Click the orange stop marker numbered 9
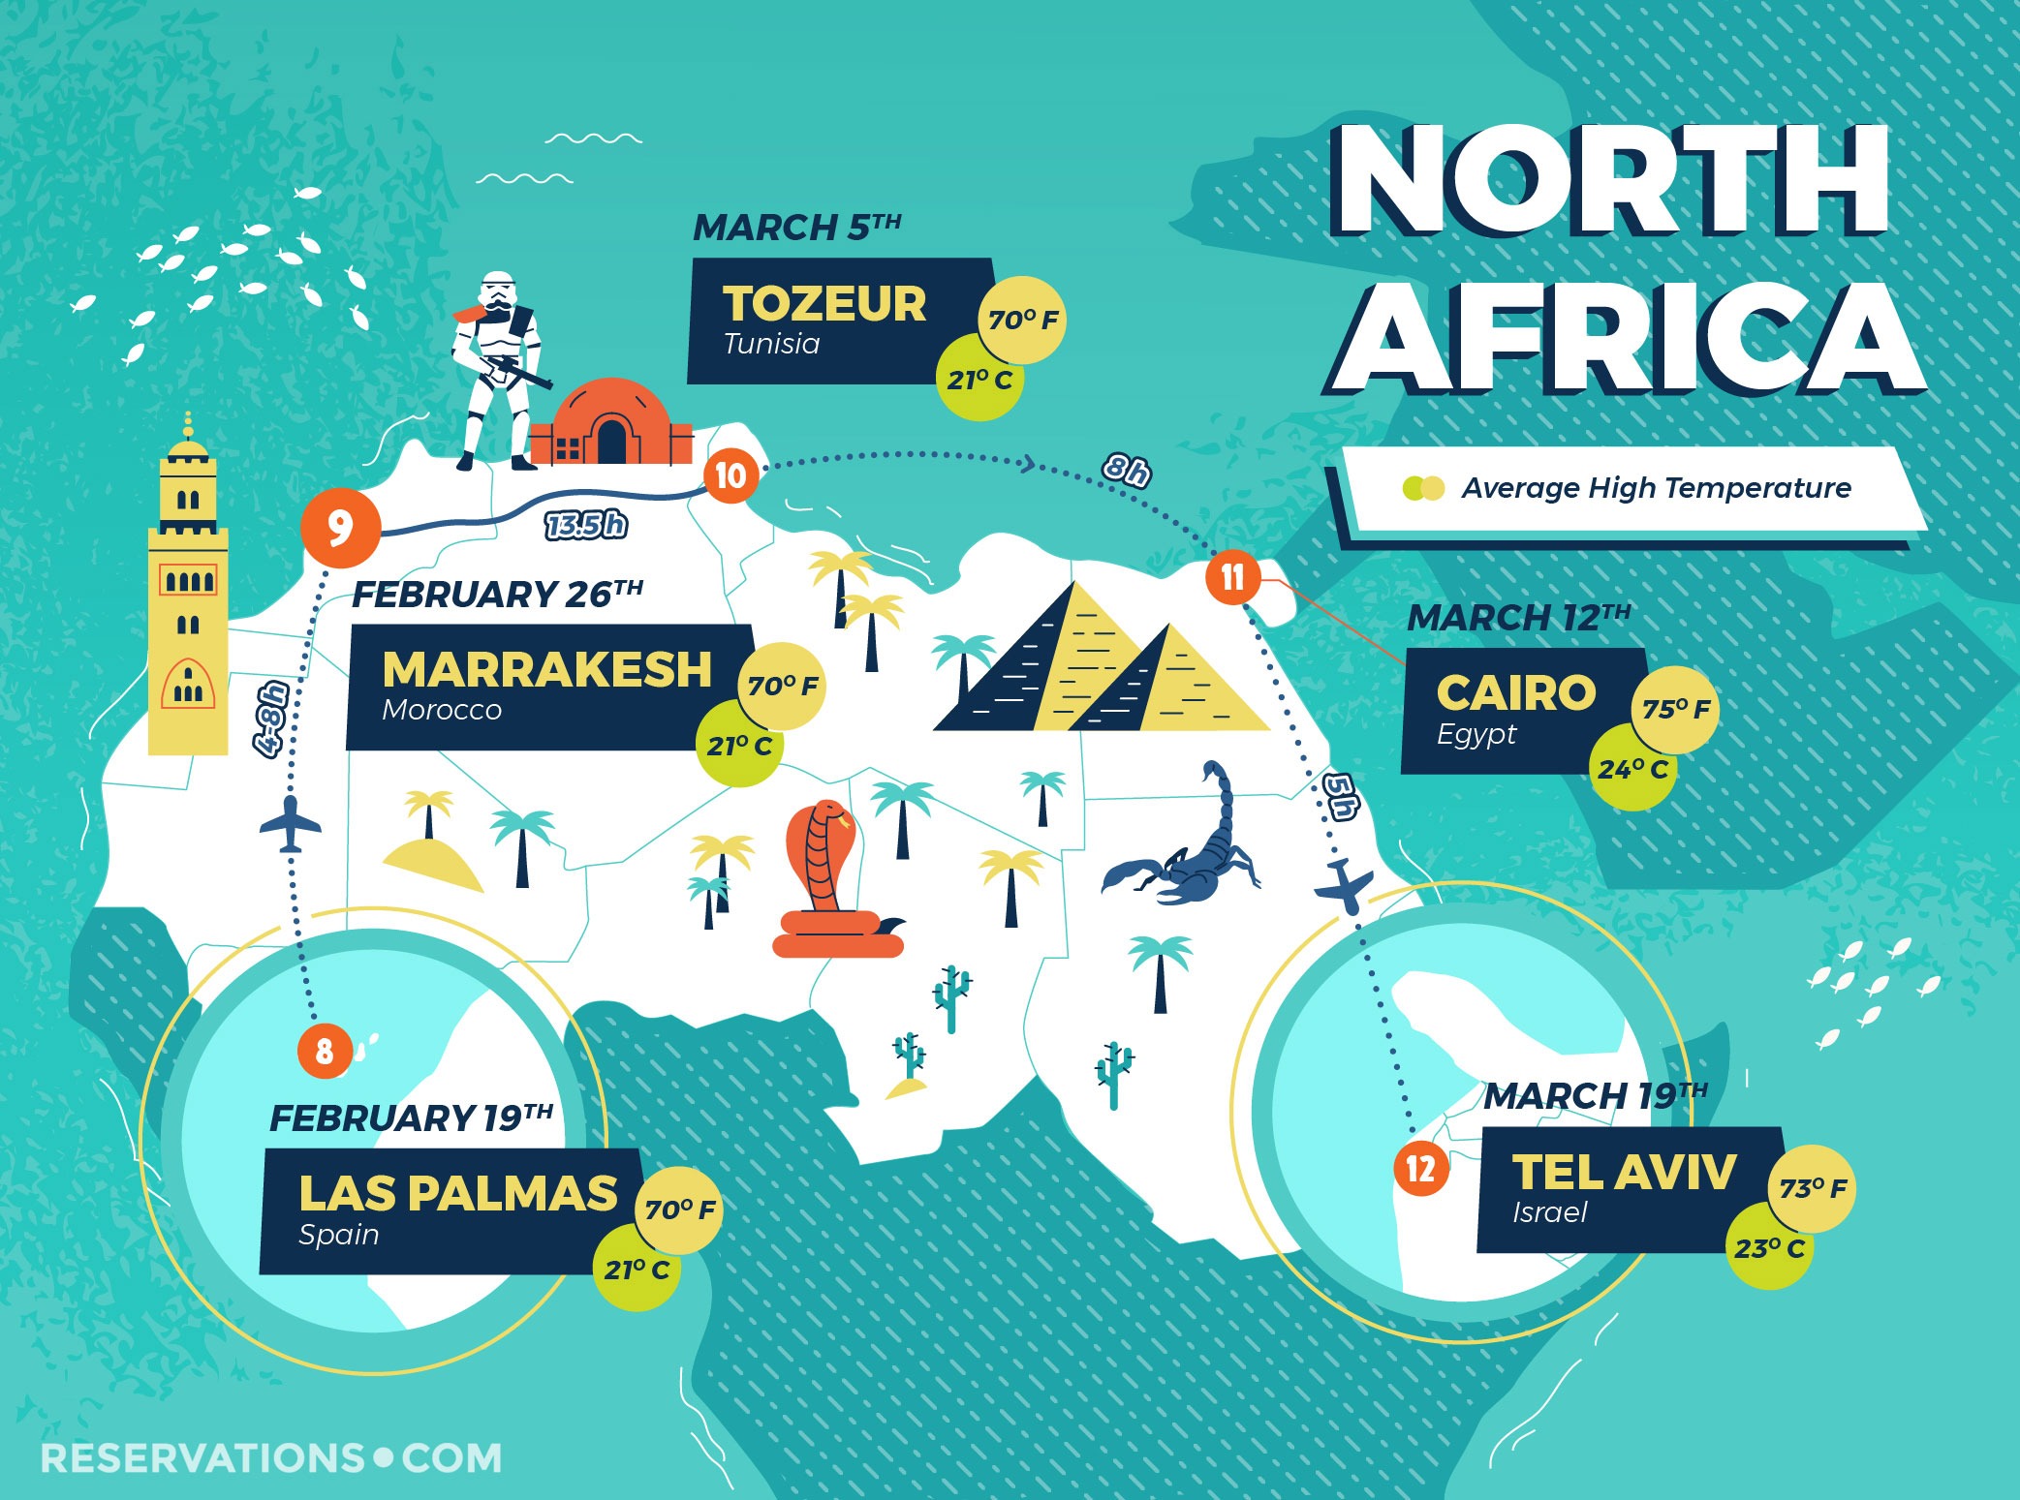pos(339,529)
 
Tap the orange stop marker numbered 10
pos(730,475)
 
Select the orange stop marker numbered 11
pos(1232,578)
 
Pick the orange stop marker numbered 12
pos(1420,1168)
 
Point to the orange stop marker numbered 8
pos(325,1051)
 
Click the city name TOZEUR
pos(824,303)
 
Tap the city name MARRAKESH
pos(546,669)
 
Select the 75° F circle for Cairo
pos(1675,709)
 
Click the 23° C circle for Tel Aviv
pos(1768,1247)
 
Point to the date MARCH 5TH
pos(796,228)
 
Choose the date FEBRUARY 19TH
pos(411,1118)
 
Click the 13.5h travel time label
pos(586,525)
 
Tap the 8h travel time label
pos(1126,471)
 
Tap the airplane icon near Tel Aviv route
pos(1345,884)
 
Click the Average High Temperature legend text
pos(1656,488)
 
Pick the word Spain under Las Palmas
pos(338,1235)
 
